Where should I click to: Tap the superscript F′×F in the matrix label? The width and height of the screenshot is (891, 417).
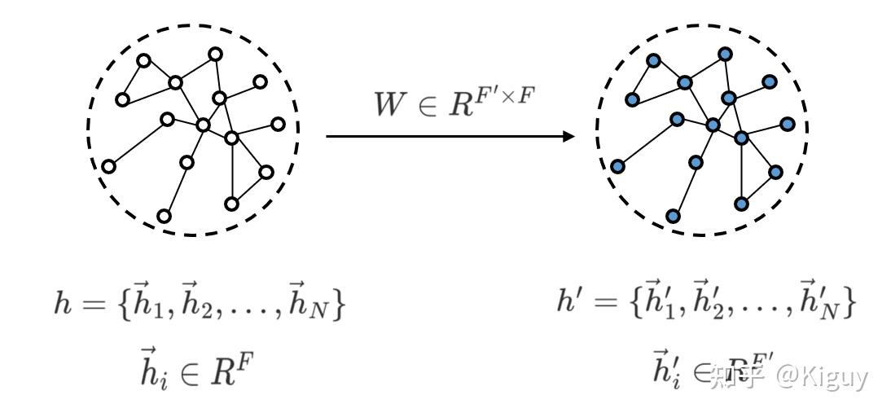tap(506, 95)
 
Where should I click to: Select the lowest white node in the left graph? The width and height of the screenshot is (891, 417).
tap(164, 216)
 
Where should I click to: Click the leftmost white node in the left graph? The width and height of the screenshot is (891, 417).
tap(108, 166)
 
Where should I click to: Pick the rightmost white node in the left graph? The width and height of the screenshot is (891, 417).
tap(279, 124)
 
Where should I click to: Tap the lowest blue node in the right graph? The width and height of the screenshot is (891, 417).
tap(673, 216)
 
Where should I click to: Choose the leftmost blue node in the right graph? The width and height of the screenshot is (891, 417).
tap(617, 166)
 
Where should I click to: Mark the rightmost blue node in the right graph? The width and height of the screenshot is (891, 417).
tap(788, 124)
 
